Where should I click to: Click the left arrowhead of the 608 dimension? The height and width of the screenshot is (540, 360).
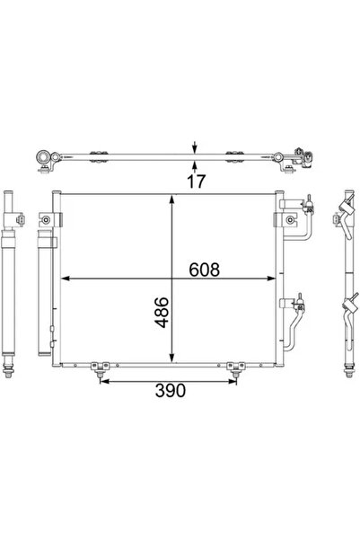click(63, 279)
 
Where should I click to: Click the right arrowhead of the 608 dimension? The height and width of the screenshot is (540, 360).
click(276, 279)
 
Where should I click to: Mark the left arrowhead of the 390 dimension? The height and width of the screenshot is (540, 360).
click(101, 381)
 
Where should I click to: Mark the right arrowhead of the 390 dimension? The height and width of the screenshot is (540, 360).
click(236, 381)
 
